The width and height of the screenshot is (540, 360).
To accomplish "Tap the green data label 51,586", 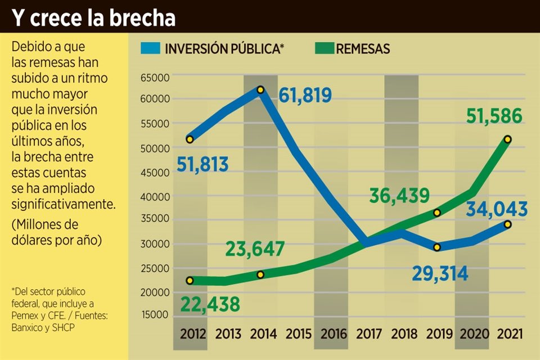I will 494,116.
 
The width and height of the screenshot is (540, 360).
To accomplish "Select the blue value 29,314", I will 439,273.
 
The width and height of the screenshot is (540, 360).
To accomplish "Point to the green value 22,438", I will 210,304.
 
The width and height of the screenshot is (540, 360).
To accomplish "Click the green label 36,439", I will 399,196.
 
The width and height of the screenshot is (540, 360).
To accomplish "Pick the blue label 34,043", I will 497,209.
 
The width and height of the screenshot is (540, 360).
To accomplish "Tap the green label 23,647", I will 255,249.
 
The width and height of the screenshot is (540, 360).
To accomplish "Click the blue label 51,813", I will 203,165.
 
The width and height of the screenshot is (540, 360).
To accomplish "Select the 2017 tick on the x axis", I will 369,334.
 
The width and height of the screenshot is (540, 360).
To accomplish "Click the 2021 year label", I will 510,334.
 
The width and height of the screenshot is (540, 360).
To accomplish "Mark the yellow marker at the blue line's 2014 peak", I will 260,89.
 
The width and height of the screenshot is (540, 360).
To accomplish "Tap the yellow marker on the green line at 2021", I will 507,139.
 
